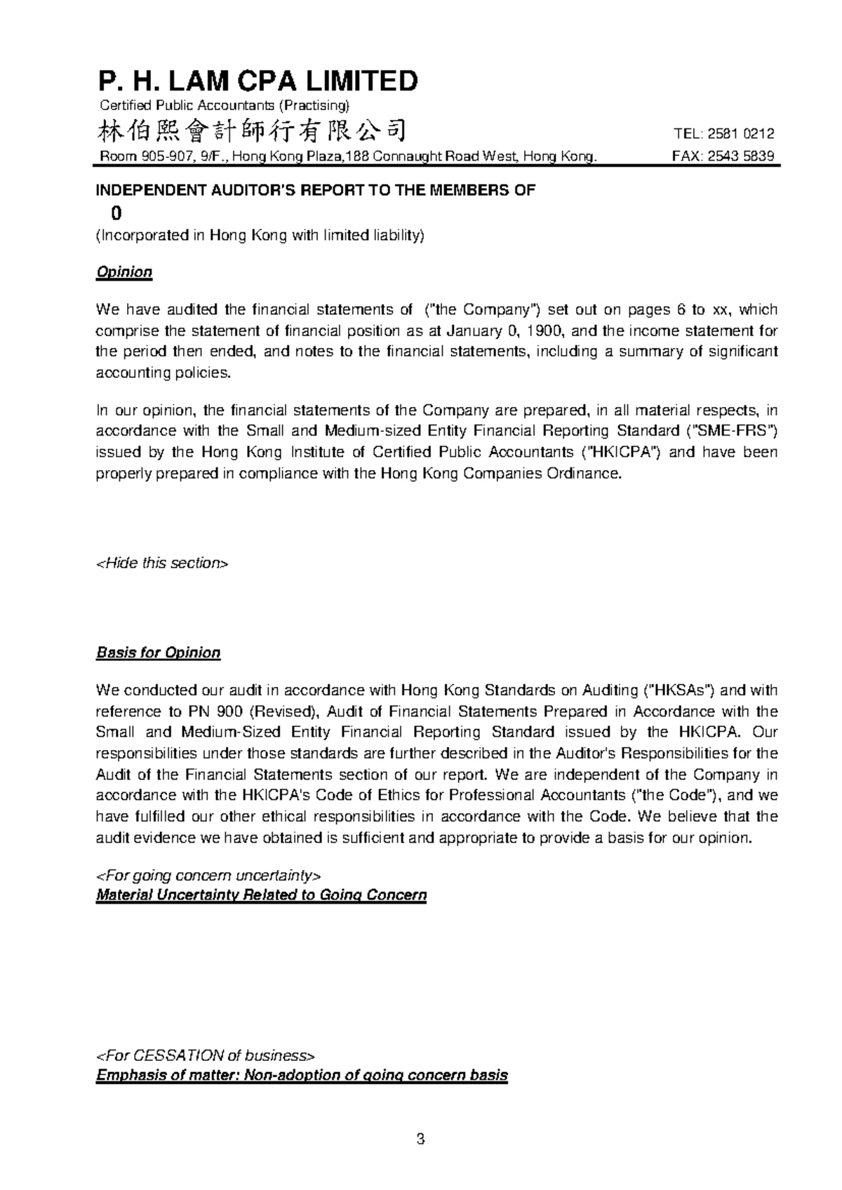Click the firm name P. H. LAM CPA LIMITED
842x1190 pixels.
tap(257, 81)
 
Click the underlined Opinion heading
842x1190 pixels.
tap(123, 272)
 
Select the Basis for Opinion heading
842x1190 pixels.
tap(158, 653)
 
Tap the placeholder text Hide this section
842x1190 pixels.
tap(161, 563)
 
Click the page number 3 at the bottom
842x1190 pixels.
tap(420, 1139)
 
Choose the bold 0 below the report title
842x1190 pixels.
tap(107, 213)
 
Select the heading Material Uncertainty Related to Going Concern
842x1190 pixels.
tap(261, 895)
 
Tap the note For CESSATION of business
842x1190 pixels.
tap(205, 1055)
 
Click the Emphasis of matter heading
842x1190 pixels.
tap(302, 1076)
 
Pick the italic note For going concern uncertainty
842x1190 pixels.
tap(208, 875)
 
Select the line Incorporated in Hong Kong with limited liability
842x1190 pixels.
tap(260, 235)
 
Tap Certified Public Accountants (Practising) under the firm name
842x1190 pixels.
tap(224, 106)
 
